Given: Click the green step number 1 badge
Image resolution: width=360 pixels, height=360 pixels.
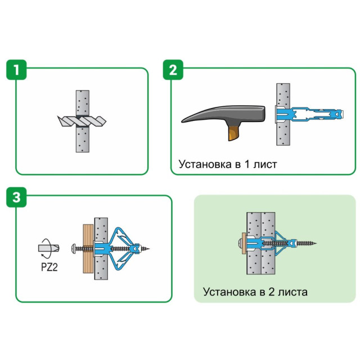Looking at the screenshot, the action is coord(16,70).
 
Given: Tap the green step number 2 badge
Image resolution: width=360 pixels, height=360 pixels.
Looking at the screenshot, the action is coord(173,70).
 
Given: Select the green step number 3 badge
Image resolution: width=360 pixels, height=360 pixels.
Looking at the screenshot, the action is coord(16,197).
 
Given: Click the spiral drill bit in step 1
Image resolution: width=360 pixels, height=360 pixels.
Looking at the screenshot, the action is coord(82,121).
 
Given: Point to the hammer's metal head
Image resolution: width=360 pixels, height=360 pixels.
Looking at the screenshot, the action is coord(223,114).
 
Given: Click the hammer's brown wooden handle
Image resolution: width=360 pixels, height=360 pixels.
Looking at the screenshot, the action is coord(234,132).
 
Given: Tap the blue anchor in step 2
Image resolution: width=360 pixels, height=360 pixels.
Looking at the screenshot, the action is coord(309,114).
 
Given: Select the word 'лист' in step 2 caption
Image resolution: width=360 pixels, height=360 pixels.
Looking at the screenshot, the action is coord(265,165).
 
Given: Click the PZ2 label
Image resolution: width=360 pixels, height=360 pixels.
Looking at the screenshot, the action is coord(49,267).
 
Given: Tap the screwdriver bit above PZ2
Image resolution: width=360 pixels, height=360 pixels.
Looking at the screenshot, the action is coord(48,248).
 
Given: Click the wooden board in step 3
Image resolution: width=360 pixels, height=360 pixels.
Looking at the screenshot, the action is coord(88,249).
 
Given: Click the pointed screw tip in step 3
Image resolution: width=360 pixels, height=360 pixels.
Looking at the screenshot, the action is coord(149,249).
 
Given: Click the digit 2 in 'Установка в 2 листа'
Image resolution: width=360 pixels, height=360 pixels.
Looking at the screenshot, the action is coord(271,292).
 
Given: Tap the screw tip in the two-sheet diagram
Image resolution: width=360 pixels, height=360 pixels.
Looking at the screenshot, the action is coord(316,243).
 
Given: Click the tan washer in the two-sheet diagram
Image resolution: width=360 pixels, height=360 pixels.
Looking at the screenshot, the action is coord(244,243).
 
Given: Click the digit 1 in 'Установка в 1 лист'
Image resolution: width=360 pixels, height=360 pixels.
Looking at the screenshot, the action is coord(247,164).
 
